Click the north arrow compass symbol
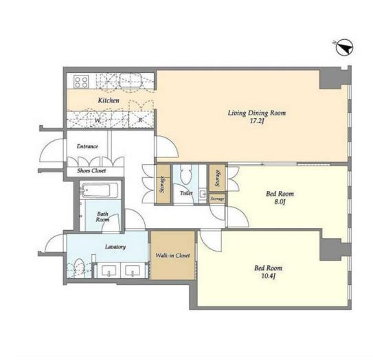point(344,47)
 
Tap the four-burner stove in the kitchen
point(81,81)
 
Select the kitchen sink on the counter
point(131,80)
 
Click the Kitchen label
point(109,100)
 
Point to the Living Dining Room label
point(257,113)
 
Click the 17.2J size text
point(257,121)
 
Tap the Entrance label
point(87,146)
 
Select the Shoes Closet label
point(91,170)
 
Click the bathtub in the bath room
point(100,190)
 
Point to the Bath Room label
point(102,217)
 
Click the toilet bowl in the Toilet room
point(186,175)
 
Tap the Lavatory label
point(115,247)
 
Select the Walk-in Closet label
point(172,256)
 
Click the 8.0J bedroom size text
point(280,202)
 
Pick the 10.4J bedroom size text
point(269,276)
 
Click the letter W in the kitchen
point(98,121)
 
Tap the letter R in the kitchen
point(140,120)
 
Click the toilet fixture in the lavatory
point(78,268)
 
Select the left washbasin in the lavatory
point(109,271)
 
